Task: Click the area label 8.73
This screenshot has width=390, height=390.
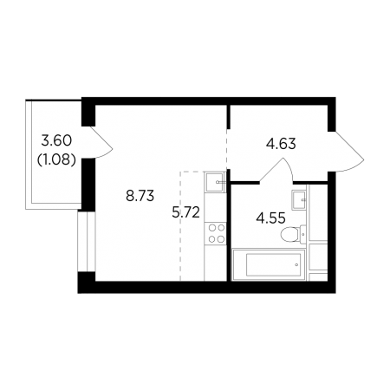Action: point(140,196)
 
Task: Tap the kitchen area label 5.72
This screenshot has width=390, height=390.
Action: point(185,213)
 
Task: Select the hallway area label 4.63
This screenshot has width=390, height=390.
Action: point(281,144)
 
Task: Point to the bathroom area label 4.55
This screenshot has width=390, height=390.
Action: point(270,218)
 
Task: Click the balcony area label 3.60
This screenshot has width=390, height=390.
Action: point(56,141)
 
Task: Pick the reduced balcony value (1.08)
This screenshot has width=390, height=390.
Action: point(57,159)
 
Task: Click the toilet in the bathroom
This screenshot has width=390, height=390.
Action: point(293,234)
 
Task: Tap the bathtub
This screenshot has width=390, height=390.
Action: point(269,264)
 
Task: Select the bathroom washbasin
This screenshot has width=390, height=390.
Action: point(298,200)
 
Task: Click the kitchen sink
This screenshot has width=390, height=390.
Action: point(215,182)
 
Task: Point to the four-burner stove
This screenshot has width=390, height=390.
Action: point(216,234)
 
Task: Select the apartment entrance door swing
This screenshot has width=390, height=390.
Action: point(346,152)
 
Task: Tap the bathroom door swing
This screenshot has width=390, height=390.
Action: point(276,171)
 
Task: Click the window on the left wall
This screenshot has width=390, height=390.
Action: point(87,241)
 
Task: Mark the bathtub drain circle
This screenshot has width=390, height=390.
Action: point(296,264)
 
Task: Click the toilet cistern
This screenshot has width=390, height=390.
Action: point(302,234)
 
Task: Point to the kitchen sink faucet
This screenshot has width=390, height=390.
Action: point(220,182)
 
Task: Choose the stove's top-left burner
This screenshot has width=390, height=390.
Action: point(211,228)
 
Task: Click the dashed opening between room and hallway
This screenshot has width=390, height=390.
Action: point(227,150)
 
